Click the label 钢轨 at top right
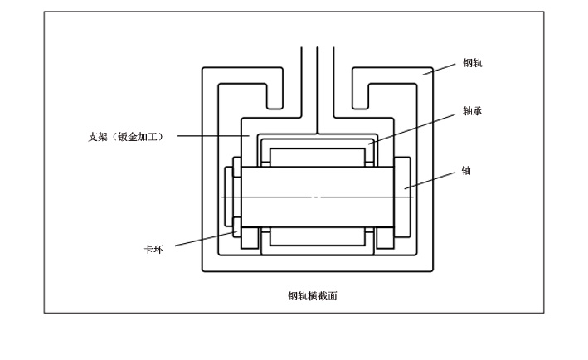[x=472, y=63]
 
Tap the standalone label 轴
[x=466, y=171]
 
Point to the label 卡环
[x=153, y=249]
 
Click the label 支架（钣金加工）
[x=125, y=136]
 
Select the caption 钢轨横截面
[x=313, y=296]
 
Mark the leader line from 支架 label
[x=211, y=136]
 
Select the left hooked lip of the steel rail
[x=274, y=98]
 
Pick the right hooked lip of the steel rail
[x=361, y=98]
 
